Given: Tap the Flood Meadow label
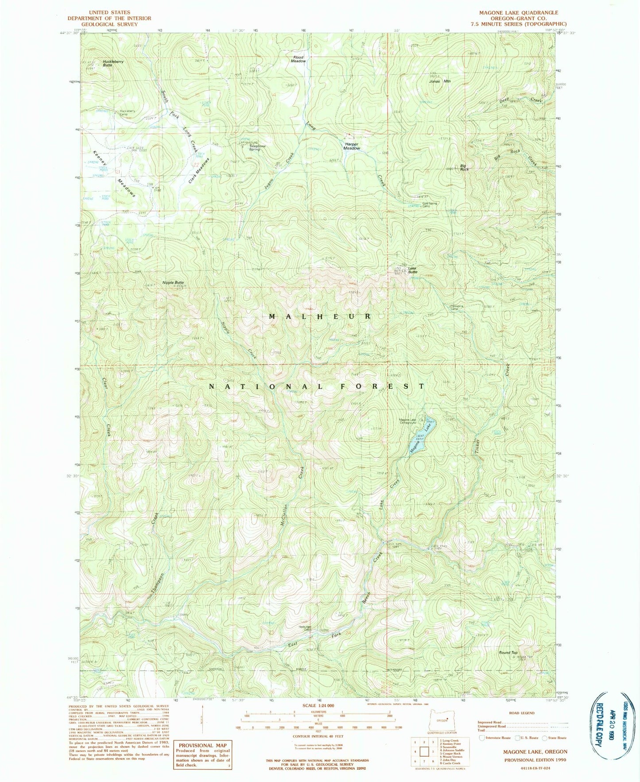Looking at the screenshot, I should (298, 59).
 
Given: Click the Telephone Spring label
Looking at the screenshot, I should (257, 147).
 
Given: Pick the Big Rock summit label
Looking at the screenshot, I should (464, 167).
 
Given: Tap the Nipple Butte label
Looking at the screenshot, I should (173, 282).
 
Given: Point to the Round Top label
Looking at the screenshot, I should (508, 652).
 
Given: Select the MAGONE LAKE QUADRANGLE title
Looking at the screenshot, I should (519, 12).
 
